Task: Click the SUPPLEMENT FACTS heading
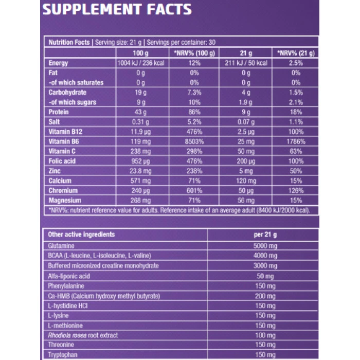117,9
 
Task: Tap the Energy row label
59,63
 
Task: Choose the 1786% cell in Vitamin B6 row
296,141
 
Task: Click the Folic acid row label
63,161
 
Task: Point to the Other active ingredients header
81,235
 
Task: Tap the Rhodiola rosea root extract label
83,335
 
